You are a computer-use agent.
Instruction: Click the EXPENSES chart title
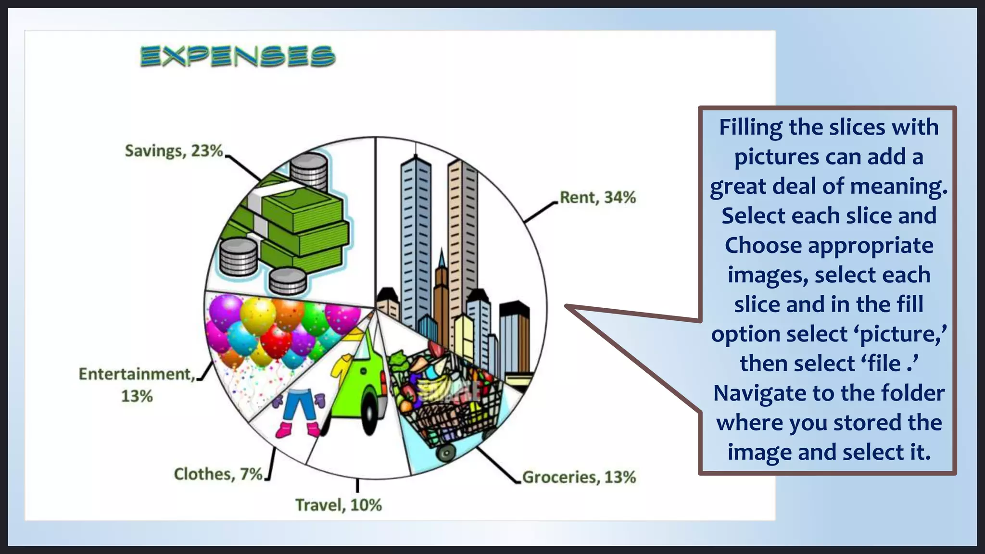238,56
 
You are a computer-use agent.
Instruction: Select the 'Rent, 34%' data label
598,198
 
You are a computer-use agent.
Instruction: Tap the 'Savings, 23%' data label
174,151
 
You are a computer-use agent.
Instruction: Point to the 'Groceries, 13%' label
579,477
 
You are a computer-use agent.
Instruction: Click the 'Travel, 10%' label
338,505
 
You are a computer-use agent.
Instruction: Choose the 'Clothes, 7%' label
218,474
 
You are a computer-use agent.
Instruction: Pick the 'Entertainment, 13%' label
137,385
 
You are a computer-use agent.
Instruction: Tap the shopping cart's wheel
446,453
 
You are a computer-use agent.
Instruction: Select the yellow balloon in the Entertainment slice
257,315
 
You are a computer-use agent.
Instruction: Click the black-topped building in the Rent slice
515,337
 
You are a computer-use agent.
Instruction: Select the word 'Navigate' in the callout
753,393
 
